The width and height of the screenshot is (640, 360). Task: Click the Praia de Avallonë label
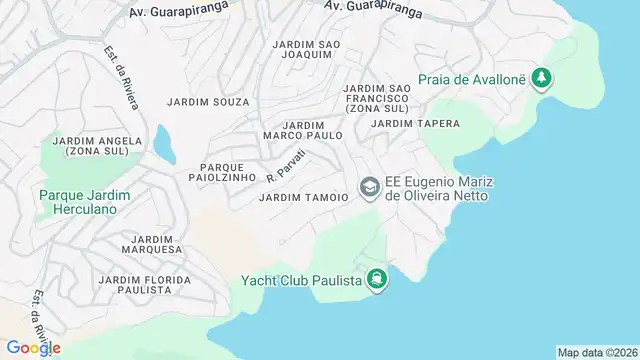pyautogui.click(x=473, y=78)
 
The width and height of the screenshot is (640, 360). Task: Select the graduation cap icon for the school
pyautogui.click(x=369, y=186)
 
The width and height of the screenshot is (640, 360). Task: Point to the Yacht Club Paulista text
pyautogui.click(x=301, y=279)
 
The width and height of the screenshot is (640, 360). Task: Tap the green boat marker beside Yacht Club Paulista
pyautogui.click(x=376, y=279)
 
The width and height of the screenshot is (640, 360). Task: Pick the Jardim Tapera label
pyautogui.click(x=415, y=123)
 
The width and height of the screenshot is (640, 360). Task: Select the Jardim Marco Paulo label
pyautogui.click(x=303, y=129)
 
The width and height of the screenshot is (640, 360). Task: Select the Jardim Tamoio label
pyautogui.click(x=303, y=198)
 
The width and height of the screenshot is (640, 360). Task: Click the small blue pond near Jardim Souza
pyautogui.click(x=163, y=143)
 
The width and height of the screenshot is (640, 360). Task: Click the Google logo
pyautogui.click(x=35, y=348)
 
